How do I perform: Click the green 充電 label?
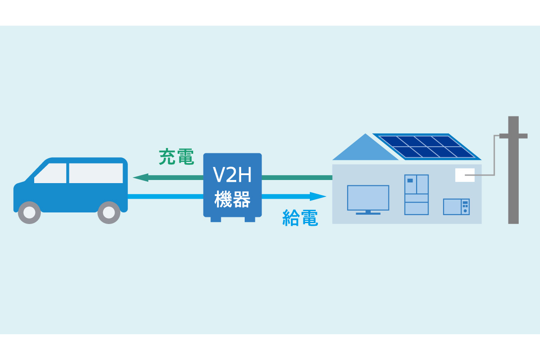[176, 157]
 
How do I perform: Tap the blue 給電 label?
[300, 218]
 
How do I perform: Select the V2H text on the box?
[232, 175]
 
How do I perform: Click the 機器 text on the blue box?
[232, 199]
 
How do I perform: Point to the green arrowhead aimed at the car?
[140, 178]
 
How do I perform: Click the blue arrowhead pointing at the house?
[318, 196]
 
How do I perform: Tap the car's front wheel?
[29, 212]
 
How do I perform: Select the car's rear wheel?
[109, 212]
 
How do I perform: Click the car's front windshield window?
[50, 173]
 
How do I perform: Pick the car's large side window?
[96, 173]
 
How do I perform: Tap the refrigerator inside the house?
[417, 195]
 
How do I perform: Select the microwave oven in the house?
[457, 207]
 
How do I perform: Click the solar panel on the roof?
[427, 147]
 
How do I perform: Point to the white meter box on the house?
[465, 175]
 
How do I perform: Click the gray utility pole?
[513, 170]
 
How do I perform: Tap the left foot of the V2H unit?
[216, 219]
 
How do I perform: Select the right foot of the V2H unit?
[250, 219]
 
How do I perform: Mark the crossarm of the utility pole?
[513, 136]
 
